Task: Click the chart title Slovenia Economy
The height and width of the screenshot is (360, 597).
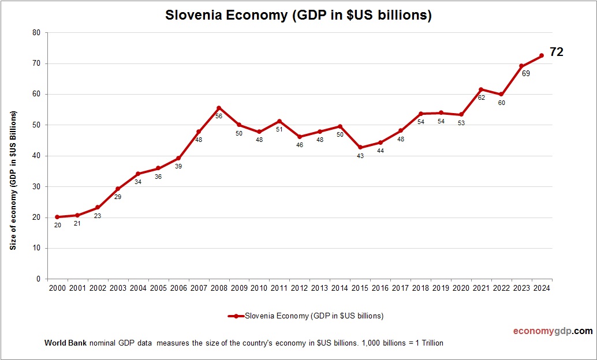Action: click(x=298, y=15)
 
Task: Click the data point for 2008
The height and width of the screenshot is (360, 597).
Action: click(x=219, y=108)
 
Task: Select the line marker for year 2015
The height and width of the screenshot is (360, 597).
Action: click(x=360, y=147)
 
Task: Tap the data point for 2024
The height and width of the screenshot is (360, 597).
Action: click(x=542, y=55)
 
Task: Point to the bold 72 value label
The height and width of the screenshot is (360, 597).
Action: click(x=556, y=52)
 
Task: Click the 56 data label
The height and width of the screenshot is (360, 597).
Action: click(x=219, y=116)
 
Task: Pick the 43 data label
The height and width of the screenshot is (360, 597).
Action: click(x=360, y=156)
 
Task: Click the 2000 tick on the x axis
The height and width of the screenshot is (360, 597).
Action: click(x=57, y=287)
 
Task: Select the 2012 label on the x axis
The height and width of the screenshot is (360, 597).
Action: click(x=300, y=287)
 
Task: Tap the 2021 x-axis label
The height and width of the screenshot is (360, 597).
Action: click(x=481, y=287)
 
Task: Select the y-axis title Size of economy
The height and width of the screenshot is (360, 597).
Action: click(x=13, y=180)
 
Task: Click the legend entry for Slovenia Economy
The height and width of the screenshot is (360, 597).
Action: click(x=306, y=316)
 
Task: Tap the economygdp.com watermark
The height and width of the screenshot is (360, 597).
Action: click(x=553, y=331)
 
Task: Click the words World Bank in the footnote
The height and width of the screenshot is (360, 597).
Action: click(x=65, y=343)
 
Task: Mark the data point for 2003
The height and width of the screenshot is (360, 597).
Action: click(x=118, y=189)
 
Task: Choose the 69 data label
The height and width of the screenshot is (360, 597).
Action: click(x=525, y=74)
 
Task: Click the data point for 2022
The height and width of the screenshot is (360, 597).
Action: click(x=501, y=95)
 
